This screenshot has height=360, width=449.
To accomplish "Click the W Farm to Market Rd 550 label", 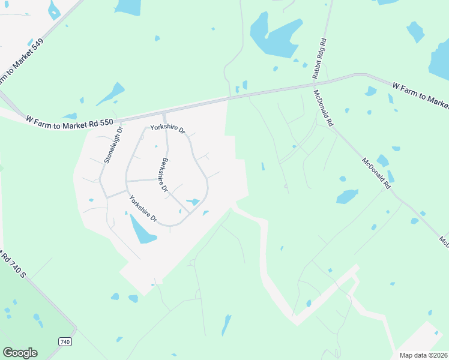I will coord(70,120).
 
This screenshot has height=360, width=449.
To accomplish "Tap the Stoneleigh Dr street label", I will coord(113,145).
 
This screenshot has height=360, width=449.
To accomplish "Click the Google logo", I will coord(20,353).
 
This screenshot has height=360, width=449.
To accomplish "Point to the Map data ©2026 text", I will coord(423,355).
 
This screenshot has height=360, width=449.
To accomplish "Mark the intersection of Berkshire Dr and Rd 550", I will coord(164,113).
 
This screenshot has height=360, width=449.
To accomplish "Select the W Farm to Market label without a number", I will coord(420,95).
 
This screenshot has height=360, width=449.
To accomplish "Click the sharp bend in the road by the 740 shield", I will coord(75,328).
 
